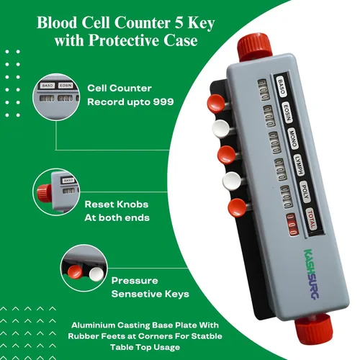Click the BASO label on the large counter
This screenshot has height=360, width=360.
281,86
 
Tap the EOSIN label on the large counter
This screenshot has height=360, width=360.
287,113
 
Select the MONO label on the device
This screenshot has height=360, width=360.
293,140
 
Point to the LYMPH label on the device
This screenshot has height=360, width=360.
299,166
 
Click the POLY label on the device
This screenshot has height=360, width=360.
305,192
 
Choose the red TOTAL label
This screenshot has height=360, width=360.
311,219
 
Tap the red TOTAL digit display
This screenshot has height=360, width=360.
292,224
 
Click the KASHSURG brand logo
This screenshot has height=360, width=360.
311,274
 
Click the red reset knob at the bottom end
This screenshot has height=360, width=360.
313,328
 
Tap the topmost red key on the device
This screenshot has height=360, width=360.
216,103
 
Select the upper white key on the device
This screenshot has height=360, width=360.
221,129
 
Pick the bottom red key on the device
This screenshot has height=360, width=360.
237,207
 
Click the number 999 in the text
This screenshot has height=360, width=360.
163,102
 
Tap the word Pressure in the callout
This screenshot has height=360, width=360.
135,281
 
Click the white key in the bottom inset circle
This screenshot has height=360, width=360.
96,274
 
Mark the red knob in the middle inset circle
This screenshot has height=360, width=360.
44,193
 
